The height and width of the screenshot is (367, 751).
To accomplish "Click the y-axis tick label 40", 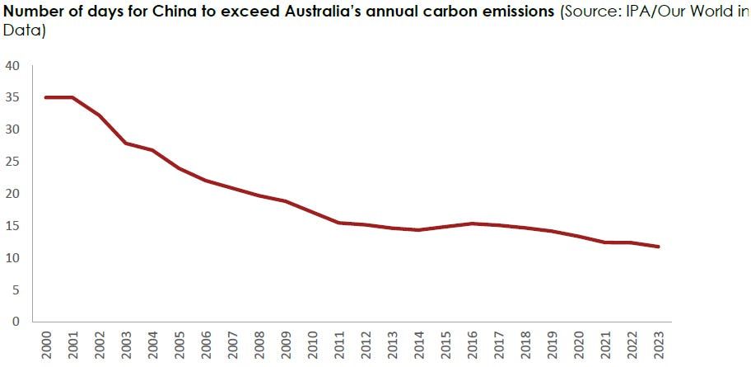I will coord(14,65).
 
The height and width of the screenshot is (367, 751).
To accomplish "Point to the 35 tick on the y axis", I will coord(14,97).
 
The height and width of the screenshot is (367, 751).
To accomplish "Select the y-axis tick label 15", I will coord(14,226).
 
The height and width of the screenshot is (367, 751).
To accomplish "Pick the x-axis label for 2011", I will coord(338,345).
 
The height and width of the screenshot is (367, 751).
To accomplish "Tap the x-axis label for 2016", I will coord(471,345).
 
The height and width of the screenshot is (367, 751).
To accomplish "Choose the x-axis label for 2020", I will coord(578,345).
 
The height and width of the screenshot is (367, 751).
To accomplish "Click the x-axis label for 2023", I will coord(658,345).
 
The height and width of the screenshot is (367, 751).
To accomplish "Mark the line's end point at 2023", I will coord(658,247).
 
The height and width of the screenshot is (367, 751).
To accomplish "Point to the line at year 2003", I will coord(125,144).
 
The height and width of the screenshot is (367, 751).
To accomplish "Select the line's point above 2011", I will coord(338,223).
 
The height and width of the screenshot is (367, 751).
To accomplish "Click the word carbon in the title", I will coord(437,13).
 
